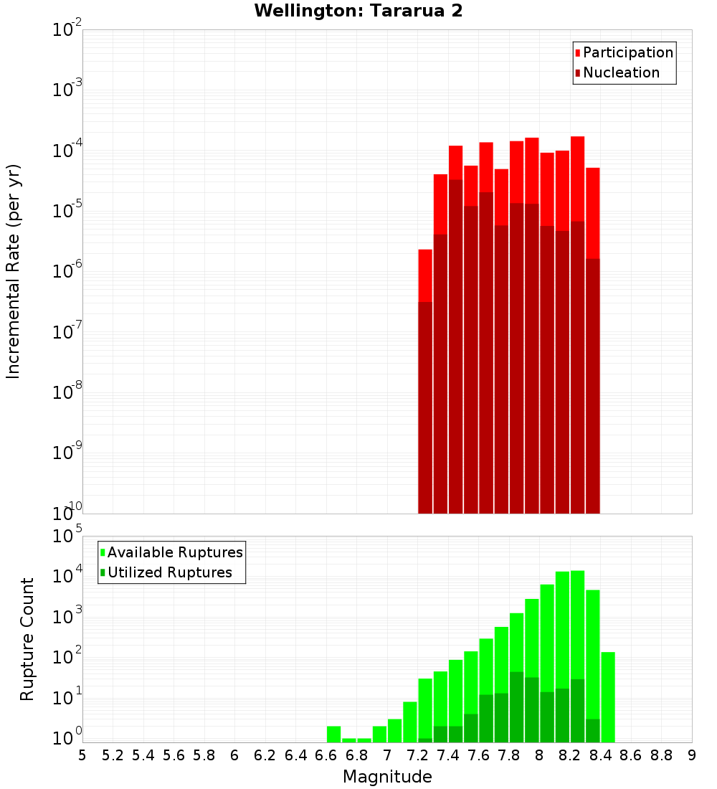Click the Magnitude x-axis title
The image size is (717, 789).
pyautogui.click(x=387, y=777)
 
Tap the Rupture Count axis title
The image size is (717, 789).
pyautogui.click(x=27, y=639)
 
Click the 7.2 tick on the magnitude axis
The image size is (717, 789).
pyautogui.click(x=417, y=755)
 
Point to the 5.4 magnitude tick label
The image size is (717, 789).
pyautogui.click(x=143, y=755)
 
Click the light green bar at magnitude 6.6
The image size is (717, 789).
pyautogui.click(x=333, y=734)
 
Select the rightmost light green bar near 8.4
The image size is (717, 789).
pyautogui.click(x=608, y=697)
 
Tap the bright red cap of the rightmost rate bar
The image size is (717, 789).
pyautogui.click(x=593, y=212)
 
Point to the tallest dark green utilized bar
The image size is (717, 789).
pyautogui.click(x=516, y=707)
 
